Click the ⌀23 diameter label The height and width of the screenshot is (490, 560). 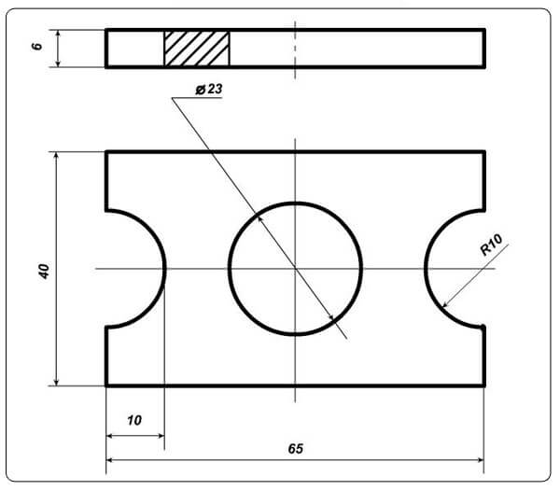[x=209, y=90]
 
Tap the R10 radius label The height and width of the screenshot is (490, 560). [x=492, y=245]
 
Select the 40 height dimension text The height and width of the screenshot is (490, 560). [x=44, y=271]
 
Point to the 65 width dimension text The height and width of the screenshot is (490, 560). [x=296, y=449]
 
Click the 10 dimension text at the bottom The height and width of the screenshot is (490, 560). [x=134, y=420]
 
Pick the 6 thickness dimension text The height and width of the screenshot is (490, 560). [x=36, y=47]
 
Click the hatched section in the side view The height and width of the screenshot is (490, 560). [x=197, y=49]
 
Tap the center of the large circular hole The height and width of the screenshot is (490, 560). [x=295, y=269]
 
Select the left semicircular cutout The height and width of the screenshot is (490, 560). [x=164, y=269]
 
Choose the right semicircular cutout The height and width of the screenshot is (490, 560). [x=426, y=269]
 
